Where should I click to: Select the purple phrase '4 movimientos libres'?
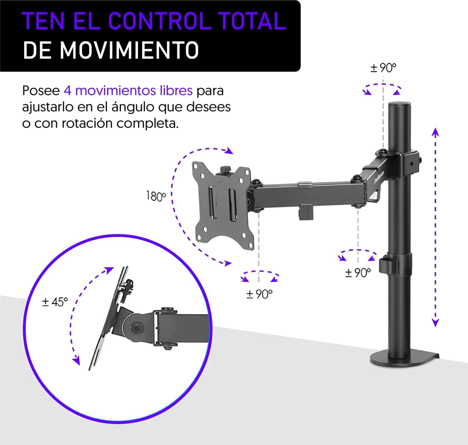tap(128, 91)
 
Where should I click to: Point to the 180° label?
tap(156, 196)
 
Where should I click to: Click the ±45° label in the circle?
tap(55, 302)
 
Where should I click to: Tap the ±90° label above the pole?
tap(383, 68)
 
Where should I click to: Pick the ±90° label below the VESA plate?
tap(259, 294)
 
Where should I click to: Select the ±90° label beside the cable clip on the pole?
tap(358, 273)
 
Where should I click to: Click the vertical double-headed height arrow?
tap(436, 227)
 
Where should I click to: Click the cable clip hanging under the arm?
tap(307, 212)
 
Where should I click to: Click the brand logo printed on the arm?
tap(380, 177)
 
